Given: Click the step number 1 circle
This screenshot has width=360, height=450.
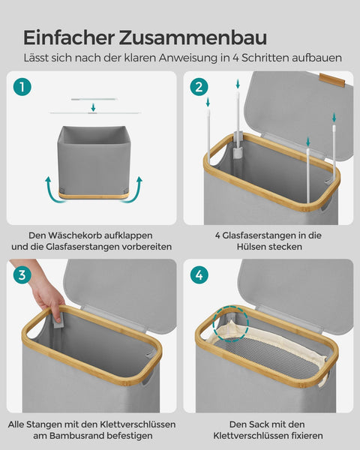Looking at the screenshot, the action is pos(22,87).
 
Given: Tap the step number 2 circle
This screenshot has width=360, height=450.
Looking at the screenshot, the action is pos(199,87).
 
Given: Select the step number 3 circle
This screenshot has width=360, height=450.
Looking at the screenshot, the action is pos(22,275).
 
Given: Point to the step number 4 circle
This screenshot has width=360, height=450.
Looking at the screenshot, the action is pos(199,275).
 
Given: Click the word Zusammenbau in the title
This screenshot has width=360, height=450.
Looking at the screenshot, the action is pos(193,37).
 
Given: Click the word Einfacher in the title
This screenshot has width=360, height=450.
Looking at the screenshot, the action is pos(69,37).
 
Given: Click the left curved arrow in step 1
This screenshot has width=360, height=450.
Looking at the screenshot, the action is pos(55,192).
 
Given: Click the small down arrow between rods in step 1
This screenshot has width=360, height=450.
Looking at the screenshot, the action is pos(93,107).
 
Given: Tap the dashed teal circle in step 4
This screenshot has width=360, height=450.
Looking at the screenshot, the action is pos(230,324).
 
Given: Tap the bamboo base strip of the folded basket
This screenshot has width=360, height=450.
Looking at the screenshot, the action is pos(94,196).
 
